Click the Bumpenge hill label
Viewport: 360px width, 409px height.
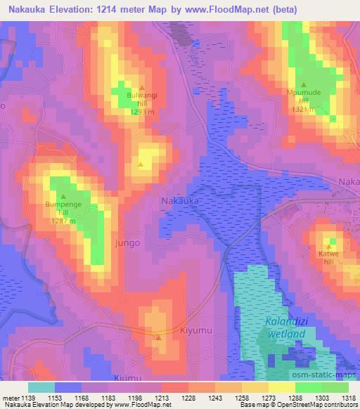(63, 208)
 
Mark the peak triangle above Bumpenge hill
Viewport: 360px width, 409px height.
(63, 197)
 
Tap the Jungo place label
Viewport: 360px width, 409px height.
(127, 242)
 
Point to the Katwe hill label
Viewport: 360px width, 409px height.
(328, 257)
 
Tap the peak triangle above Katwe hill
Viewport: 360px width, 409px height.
(328, 246)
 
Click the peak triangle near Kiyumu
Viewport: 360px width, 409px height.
(159, 337)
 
